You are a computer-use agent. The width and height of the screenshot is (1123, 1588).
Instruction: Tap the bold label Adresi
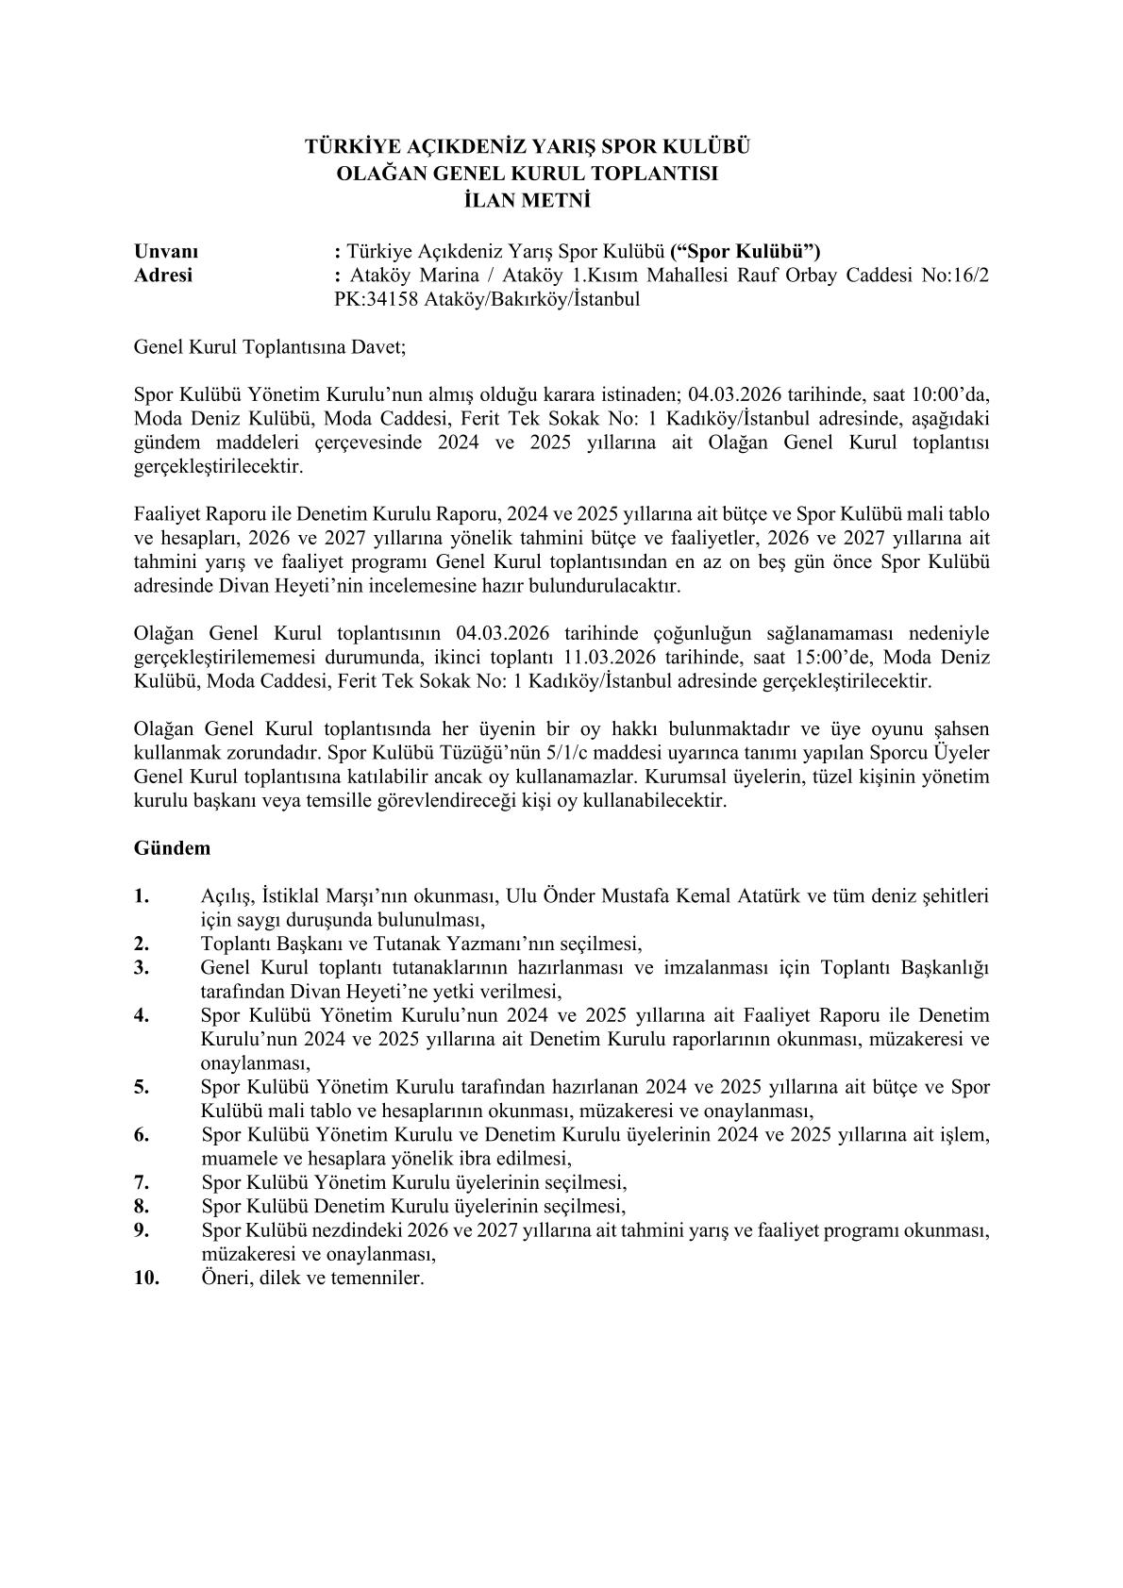[163, 276]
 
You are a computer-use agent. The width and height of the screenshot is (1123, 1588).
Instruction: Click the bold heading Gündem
[172, 847]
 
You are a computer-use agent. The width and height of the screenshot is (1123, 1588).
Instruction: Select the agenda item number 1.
[142, 895]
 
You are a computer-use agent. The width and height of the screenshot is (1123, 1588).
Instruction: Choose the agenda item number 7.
[142, 1181]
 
